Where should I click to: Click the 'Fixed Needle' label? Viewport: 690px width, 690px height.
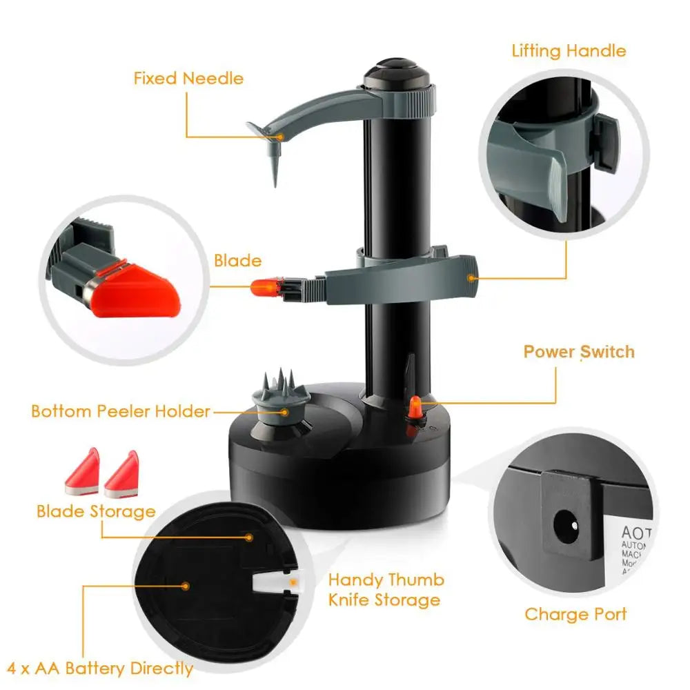point(188,78)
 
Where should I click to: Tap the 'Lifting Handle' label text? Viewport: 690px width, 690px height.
point(569,51)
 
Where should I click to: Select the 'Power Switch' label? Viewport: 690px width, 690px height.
point(578,351)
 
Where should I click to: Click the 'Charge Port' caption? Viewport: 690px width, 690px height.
point(575,614)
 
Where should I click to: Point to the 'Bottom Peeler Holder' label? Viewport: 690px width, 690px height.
point(121,411)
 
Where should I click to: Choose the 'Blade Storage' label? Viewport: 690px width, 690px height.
point(95,511)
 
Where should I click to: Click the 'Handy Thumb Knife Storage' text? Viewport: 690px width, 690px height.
point(386,589)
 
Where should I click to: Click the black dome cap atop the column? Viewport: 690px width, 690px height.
point(395,73)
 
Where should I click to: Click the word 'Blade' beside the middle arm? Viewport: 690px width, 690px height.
point(237,261)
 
